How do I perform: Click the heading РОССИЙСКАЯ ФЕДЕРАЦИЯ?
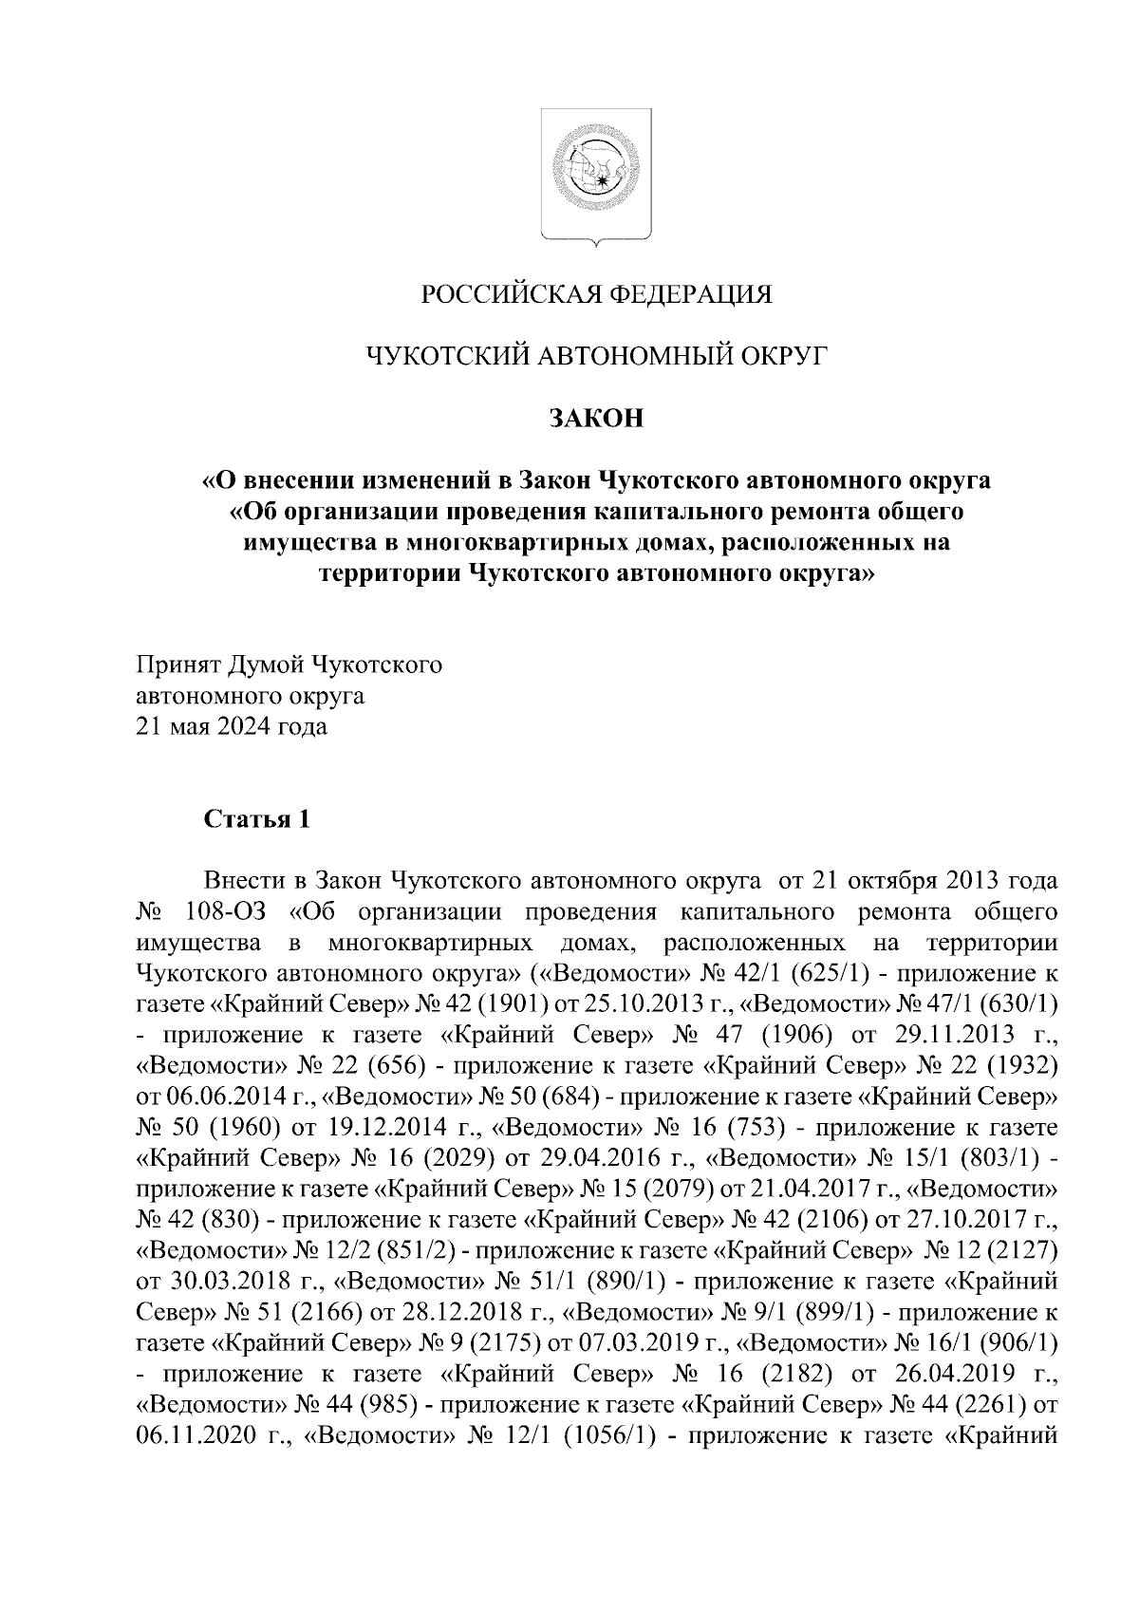coord(596,294)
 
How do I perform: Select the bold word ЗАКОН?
coord(596,418)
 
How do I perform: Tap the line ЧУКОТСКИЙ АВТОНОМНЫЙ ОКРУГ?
coord(596,356)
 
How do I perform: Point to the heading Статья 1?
coord(256,819)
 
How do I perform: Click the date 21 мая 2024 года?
coord(233,727)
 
